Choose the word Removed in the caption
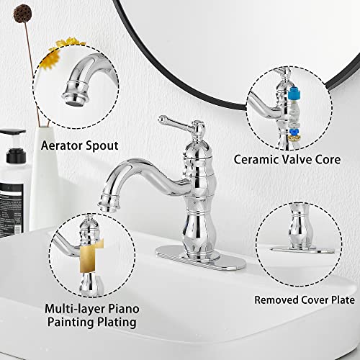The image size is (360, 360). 276,298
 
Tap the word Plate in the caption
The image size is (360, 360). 338,298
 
